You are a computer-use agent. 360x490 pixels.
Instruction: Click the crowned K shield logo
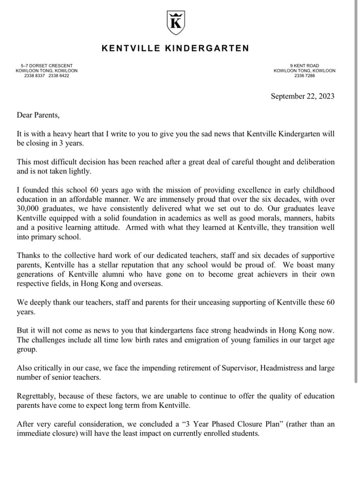point(175,22)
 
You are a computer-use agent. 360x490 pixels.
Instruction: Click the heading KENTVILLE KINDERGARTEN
point(175,48)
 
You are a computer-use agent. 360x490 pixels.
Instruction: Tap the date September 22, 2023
point(302,96)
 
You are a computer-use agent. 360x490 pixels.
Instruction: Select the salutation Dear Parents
point(38,115)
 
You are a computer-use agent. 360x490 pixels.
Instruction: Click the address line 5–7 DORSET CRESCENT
point(46,66)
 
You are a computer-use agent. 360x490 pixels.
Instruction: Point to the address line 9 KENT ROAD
point(304,66)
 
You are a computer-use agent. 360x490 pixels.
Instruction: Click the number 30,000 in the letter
point(29,208)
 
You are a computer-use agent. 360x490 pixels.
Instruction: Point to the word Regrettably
point(38,396)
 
